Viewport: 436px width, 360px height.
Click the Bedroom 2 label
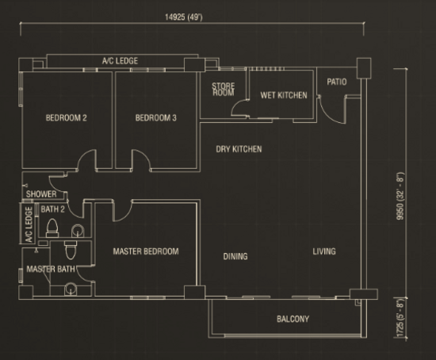tap(66, 117)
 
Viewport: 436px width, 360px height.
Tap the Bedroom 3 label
tap(155, 117)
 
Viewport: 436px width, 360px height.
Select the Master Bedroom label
tap(146, 251)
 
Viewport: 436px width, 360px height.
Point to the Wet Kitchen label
tap(284, 95)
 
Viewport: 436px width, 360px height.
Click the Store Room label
tap(224, 90)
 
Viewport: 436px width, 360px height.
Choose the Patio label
tap(337, 82)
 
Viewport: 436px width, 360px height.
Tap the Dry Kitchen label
tap(239, 149)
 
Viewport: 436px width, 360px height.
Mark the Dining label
tap(235, 256)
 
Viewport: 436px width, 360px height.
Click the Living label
tap(324, 251)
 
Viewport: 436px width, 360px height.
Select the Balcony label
tap(293, 319)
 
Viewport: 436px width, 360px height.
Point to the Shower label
tap(41, 194)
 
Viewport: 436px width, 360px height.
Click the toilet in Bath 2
tap(52, 228)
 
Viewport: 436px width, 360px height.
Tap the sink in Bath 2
tap(78, 231)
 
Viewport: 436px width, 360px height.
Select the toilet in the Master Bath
tap(71, 250)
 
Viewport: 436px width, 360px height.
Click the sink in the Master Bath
tap(71, 289)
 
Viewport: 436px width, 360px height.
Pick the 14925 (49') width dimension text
tap(184, 17)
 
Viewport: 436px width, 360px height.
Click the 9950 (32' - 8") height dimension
tap(400, 196)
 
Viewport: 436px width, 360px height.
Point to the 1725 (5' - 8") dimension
tap(400, 318)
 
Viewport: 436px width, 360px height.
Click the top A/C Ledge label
tap(120, 60)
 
